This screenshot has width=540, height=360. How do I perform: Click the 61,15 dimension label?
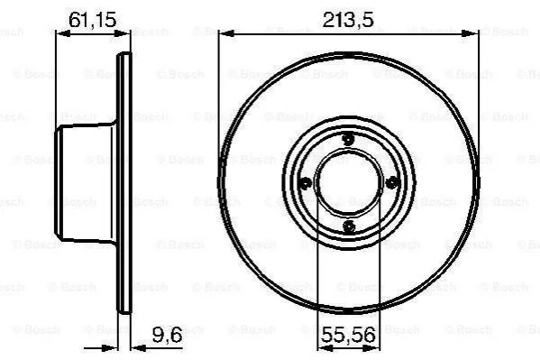93,20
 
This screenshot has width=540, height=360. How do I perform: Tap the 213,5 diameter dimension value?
348,20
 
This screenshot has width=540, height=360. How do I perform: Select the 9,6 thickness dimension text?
167,334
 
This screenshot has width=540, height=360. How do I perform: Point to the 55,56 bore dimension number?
348,335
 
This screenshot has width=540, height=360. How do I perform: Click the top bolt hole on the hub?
349,139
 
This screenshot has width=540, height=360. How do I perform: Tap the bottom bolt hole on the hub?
349,226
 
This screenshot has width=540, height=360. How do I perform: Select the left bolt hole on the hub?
305,183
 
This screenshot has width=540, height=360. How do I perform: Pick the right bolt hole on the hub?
392,182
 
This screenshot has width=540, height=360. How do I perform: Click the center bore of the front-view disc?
349,182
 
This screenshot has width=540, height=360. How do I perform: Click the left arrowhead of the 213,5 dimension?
226,33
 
